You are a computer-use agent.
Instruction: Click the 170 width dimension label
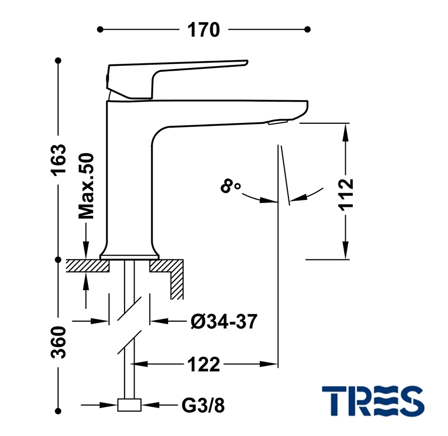pyautogui.click(x=203, y=30)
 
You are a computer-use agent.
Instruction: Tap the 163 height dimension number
pyautogui.click(x=59, y=159)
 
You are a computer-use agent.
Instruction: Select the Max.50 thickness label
pyautogui.click(x=86, y=186)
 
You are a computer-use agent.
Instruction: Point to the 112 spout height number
pyautogui.click(x=346, y=195)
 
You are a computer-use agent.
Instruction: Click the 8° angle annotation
pyautogui.click(x=230, y=186)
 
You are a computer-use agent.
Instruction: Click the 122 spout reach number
pyautogui.click(x=203, y=364)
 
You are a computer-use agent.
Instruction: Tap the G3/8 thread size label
pyautogui.click(x=203, y=405)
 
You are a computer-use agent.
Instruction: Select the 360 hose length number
pyautogui.click(x=59, y=342)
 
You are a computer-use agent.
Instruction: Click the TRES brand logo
pyautogui.click(x=373, y=401)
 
